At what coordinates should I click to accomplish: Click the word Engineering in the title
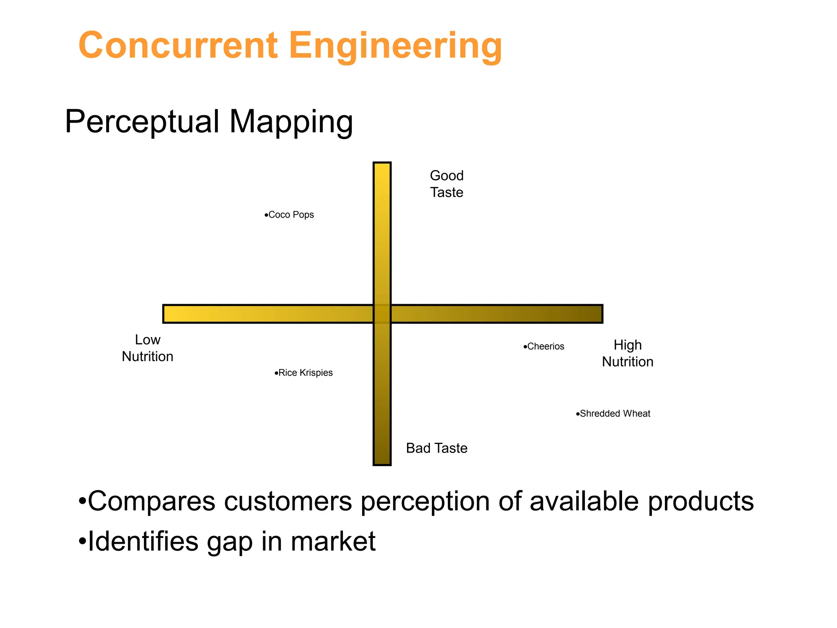pos(395,46)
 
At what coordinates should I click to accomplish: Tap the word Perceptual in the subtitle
pos(142,121)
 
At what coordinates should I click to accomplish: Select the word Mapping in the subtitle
pos(291,122)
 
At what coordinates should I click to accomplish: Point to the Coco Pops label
pos(291,215)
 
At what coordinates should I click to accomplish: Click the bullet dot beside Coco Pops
pos(266,215)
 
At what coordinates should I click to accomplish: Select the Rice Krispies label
pos(305,373)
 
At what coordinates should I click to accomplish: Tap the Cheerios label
pos(546,347)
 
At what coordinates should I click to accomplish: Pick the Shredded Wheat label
pos(615,414)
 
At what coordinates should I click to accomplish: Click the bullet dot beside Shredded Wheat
pos(577,414)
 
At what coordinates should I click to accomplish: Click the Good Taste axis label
pos(447,184)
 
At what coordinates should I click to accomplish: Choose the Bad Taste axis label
pos(436,448)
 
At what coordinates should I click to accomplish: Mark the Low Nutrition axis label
pos(148,348)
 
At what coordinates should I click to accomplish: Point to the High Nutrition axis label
pos(627,354)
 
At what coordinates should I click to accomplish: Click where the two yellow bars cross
pos(382,314)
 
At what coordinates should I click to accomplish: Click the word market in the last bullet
pos(333,541)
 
